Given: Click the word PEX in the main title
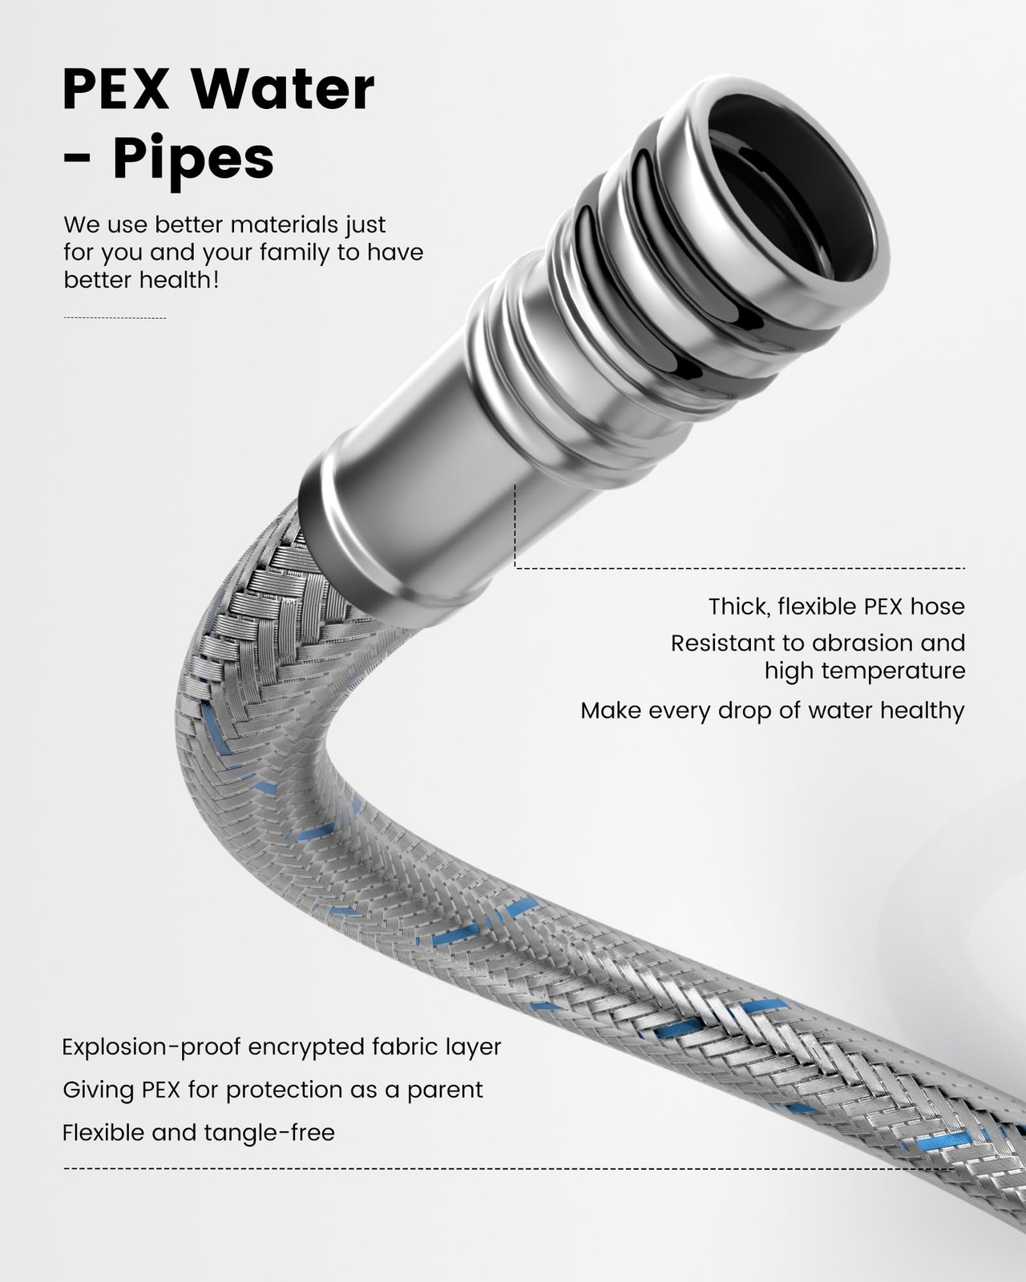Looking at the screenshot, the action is click(115, 90).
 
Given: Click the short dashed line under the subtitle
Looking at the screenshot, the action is click(115, 318).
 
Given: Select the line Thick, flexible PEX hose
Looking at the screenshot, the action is click(836, 607).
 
